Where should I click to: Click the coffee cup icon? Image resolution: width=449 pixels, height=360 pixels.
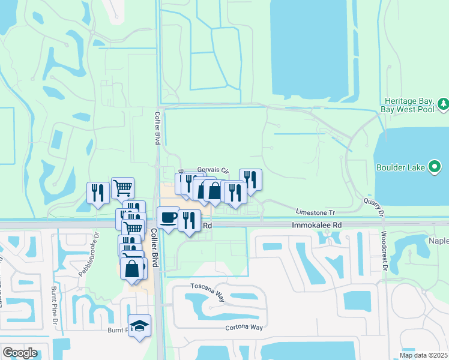(168, 217)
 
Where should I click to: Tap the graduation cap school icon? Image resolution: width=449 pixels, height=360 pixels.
(139, 326)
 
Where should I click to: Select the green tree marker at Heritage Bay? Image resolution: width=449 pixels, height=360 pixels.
(444, 104)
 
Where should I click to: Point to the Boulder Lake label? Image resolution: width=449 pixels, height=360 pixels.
(400, 167)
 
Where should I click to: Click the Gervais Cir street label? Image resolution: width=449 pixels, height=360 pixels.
(213, 170)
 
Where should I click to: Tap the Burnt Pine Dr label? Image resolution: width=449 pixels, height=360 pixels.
(53, 312)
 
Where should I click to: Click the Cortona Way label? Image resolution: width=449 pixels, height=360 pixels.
(244, 327)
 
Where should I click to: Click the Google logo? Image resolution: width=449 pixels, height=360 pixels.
(19, 353)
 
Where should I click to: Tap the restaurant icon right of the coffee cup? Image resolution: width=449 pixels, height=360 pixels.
(190, 220)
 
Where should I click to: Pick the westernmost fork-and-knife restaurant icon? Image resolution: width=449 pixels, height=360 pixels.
(98, 193)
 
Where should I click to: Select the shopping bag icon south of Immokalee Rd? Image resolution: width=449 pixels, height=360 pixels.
(132, 269)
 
